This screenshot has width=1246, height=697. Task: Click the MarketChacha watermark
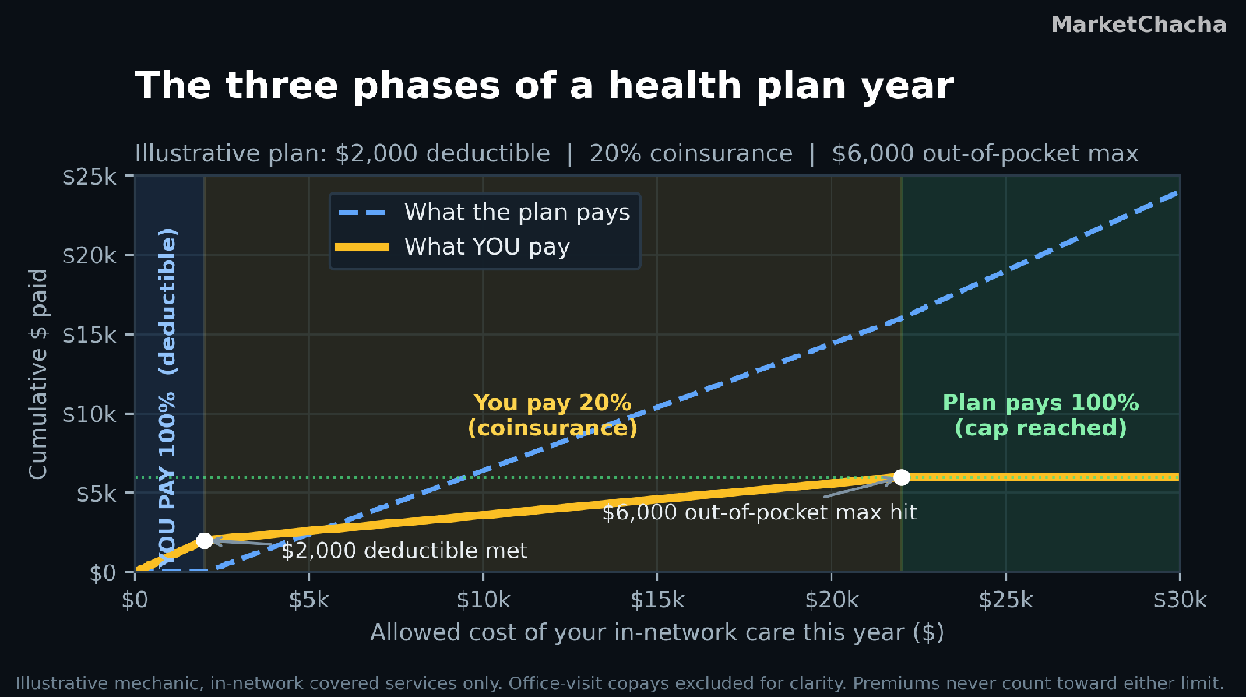pos(1139,25)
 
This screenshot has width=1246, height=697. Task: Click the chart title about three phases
pos(544,86)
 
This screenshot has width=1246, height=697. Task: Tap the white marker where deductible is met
pos(205,540)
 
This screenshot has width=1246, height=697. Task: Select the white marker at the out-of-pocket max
pos(901,477)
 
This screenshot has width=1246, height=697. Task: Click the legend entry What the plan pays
pos(484,213)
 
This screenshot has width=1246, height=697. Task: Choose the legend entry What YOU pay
pos(452,247)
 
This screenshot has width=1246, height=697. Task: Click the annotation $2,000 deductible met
pos(404,551)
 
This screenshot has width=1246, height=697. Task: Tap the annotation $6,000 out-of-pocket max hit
pos(759,512)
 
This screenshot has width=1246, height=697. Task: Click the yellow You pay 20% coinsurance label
pos(552,416)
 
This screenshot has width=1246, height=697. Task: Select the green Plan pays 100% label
pos(1040,416)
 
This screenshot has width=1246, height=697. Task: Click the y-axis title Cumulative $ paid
pos(38,374)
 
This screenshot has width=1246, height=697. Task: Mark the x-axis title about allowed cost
pos(657,633)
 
